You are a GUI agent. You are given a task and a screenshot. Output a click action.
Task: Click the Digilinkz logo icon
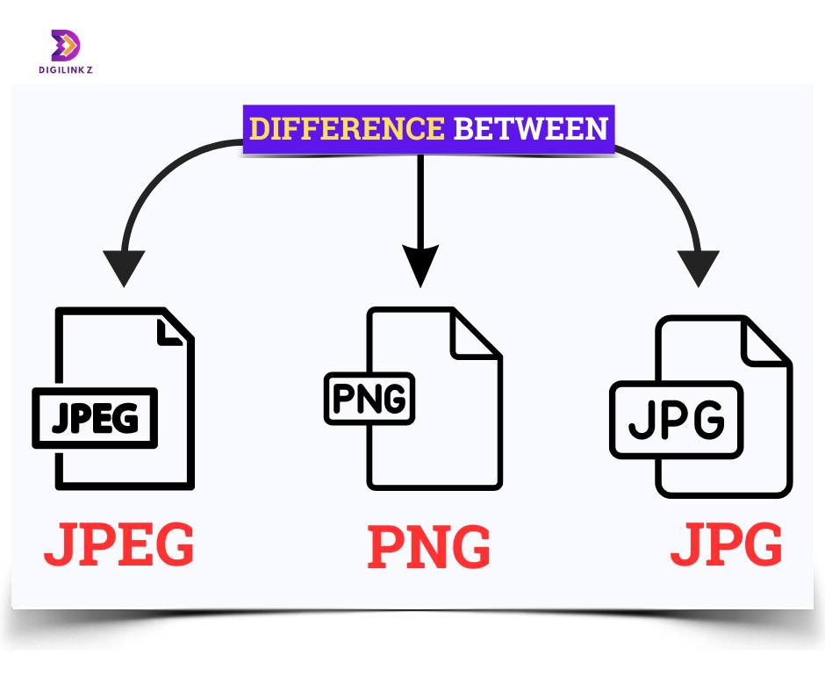(x=65, y=46)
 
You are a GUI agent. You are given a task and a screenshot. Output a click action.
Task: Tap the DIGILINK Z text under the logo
(x=66, y=69)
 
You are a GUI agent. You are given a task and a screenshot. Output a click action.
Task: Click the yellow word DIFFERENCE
(x=347, y=129)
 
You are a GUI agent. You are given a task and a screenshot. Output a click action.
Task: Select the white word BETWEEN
(x=531, y=129)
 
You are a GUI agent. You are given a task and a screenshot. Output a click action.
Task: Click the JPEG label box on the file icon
(x=96, y=418)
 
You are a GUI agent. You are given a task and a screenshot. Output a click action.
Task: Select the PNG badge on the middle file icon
(x=369, y=399)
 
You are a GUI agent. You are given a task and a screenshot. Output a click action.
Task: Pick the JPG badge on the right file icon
(x=677, y=420)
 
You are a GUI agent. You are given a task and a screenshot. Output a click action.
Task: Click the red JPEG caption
(x=118, y=544)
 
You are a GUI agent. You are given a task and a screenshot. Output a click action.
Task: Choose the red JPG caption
(x=727, y=544)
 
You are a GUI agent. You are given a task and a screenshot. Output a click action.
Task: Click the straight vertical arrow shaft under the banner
(x=420, y=201)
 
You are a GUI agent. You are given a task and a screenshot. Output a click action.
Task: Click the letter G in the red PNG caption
(x=470, y=546)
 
